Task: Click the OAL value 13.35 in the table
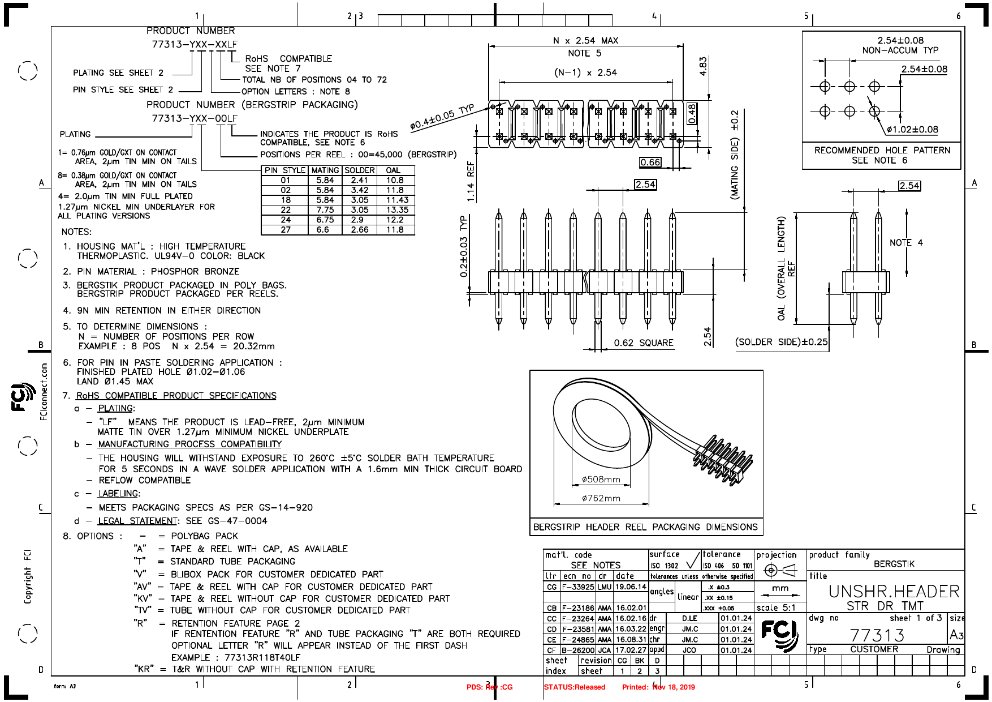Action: pos(397,210)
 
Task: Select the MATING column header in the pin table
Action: pos(325,170)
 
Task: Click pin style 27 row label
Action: pos(286,230)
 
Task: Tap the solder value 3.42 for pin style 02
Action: pos(360,190)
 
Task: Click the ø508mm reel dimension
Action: pos(601,480)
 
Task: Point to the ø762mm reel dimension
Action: pos(601,498)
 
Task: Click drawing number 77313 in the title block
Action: pos(877,635)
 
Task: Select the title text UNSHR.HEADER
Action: pos(894,592)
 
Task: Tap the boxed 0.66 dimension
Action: pos(650,162)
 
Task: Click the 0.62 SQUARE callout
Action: pos(644,343)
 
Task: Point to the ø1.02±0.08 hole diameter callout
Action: pos(912,130)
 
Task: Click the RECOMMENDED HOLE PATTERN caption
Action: pos(882,151)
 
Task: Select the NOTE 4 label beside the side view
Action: pos(906,243)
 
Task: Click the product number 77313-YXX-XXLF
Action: pos(195,44)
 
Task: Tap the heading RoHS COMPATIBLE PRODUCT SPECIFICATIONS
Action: pos(176,396)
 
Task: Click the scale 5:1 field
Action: pos(776,608)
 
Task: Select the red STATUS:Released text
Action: pos(574,687)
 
